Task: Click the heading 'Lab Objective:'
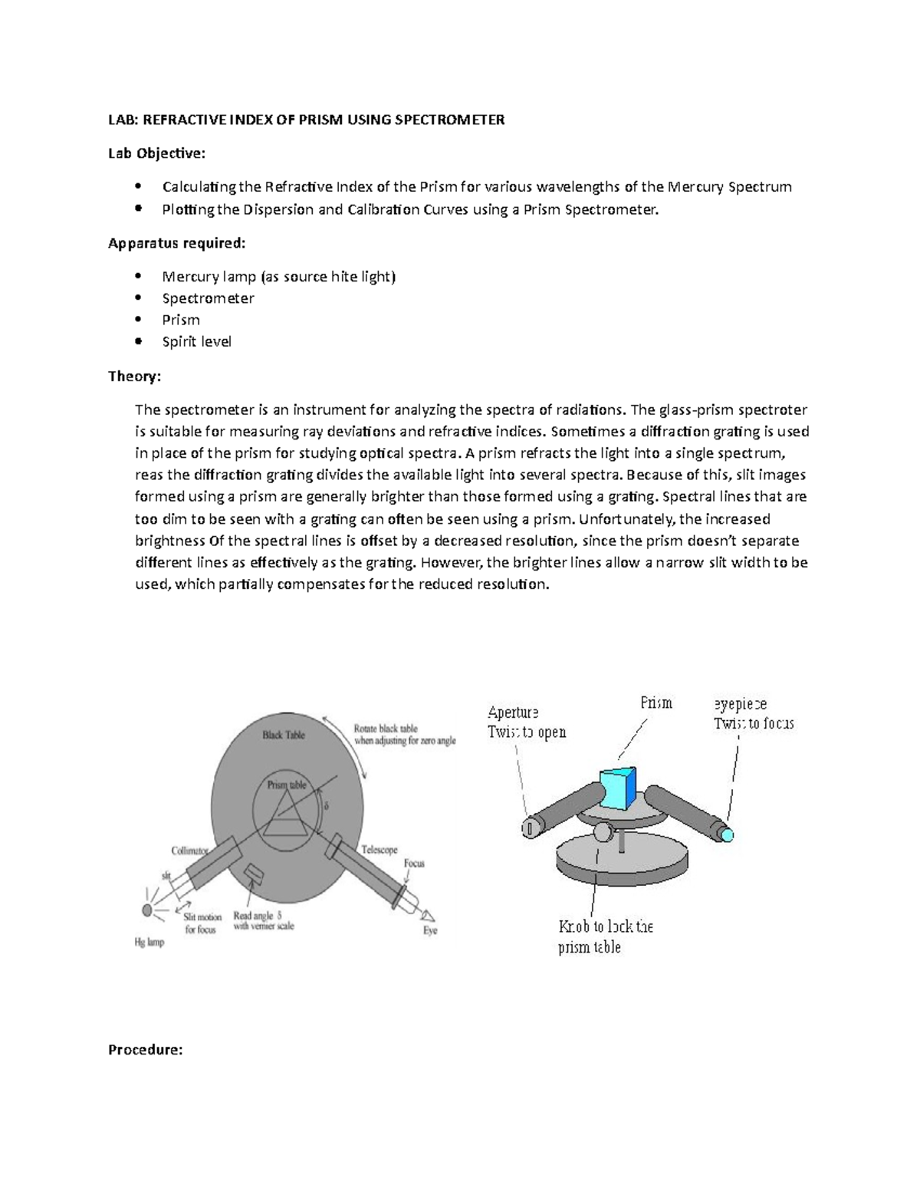tap(156, 153)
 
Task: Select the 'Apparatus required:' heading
tap(177, 243)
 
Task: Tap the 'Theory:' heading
tap(134, 376)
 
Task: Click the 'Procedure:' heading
tap(145, 1049)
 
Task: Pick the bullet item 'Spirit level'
tap(196, 341)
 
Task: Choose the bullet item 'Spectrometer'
tap(208, 298)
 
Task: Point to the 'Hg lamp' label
tap(149, 942)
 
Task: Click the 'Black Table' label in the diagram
tap(284, 735)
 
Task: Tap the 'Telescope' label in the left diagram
tap(379, 850)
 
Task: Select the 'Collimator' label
tap(189, 850)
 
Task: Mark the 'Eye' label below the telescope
tap(430, 930)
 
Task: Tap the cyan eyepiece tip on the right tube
tap(725, 834)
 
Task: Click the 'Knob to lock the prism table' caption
tap(605, 936)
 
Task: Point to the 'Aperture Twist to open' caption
tap(527, 722)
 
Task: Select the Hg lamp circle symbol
tap(147, 910)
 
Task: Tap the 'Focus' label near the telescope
tap(414, 863)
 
